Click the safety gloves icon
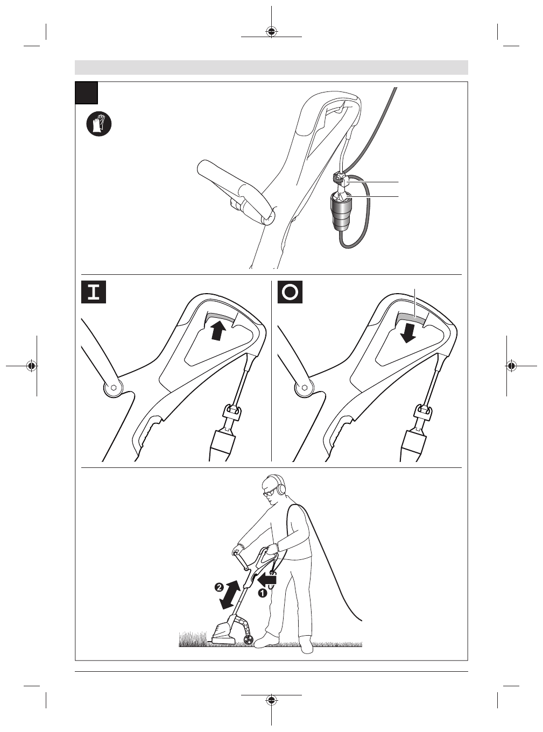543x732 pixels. pos(99,124)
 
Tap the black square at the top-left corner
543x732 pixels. pos(86,93)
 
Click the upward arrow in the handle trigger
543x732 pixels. pos(217,330)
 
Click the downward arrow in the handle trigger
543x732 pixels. pos(408,331)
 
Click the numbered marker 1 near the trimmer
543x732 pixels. pos(263,593)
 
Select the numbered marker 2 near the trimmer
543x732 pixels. pos(219,587)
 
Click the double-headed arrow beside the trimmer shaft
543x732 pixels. pos(231,595)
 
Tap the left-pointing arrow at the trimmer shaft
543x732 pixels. pos(267,579)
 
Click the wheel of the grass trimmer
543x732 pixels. pos(249,640)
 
